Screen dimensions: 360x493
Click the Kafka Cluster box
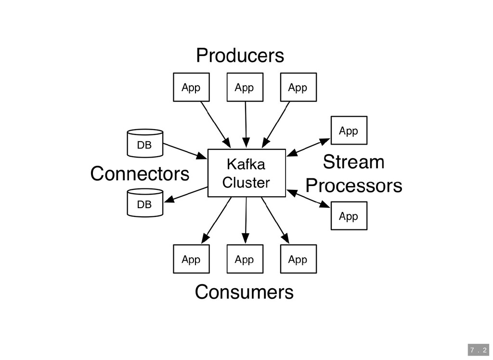point(246,173)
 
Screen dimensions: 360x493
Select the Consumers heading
point(244,292)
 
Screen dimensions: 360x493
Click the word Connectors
point(140,174)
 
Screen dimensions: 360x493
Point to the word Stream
point(353,162)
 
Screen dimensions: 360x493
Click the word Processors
point(354,186)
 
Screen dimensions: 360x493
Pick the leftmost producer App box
point(191,87)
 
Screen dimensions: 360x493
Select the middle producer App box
point(245,87)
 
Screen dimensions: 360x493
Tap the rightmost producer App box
point(298,87)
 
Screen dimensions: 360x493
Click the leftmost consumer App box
point(191,259)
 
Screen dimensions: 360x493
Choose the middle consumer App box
point(245,259)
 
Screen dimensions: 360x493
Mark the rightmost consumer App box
point(298,259)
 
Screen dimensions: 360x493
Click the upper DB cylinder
point(144,143)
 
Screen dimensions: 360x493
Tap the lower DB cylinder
point(144,203)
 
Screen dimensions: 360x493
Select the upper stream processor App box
point(349,131)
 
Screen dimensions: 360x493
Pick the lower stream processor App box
point(349,216)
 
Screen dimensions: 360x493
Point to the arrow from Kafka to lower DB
point(186,194)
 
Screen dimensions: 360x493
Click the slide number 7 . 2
point(478,349)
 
